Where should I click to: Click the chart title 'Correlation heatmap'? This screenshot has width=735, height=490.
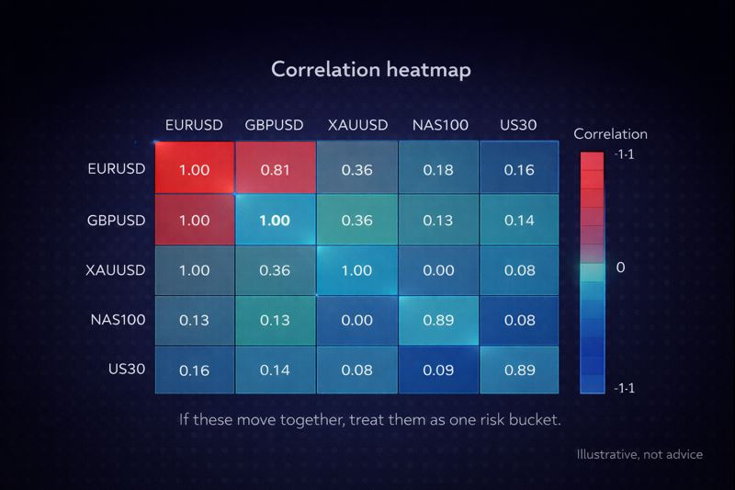click(x=370, y=69)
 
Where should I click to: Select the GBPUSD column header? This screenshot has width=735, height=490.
click(x=275, y=125)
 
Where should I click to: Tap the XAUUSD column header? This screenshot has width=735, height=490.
click(x=356, y=125)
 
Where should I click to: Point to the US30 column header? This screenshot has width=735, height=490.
click(x=518, y=125)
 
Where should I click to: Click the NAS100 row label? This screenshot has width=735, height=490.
click(x=118, y=321)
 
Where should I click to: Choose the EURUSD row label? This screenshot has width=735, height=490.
click(x=116, y=169)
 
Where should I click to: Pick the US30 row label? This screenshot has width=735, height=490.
click(x=127, y=370)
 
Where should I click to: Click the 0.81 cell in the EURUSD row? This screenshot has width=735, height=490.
click(x=275, y=170)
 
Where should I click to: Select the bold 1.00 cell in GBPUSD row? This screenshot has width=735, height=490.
click(x=275, y=221)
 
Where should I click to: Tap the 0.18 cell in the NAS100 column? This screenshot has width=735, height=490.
click(x=437, y=170)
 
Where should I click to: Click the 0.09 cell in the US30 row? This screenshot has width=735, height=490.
click(x=437, y=370)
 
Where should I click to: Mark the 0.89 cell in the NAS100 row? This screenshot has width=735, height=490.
click(x=437, y=321)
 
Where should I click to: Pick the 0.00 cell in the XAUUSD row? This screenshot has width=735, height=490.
click(x=437, y=270)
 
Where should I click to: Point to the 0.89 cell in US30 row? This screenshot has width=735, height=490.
click(x=518, y=370)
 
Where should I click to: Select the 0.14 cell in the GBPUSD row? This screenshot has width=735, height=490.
click(x=518, y=221)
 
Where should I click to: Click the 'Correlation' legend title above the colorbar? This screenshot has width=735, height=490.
click(x=610, y=133)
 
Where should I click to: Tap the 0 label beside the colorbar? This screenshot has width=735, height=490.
click(x=620, y=268)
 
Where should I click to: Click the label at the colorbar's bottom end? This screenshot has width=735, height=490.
click(x=623, y=388)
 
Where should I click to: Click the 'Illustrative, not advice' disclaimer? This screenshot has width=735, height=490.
click(x=639, y=454)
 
